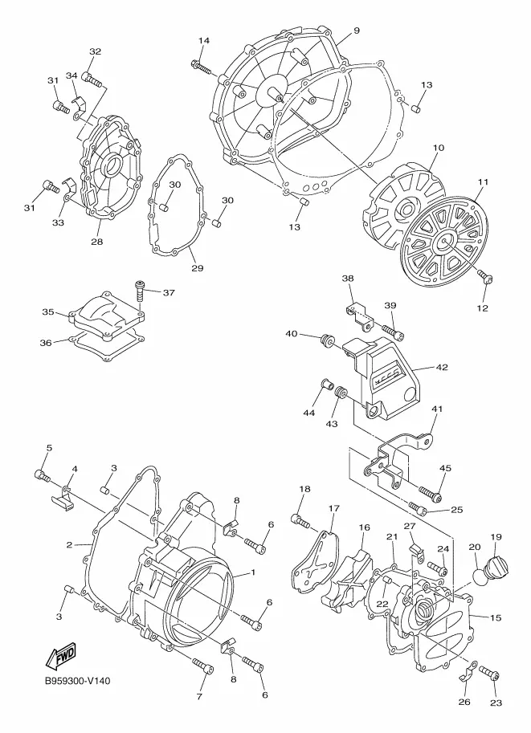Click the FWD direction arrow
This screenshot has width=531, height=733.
(61, 655)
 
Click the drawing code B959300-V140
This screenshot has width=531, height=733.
(78, 681)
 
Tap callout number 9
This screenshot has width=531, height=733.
(357, 31)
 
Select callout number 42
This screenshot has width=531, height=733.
(442, 368)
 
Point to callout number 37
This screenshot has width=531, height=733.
(169, 293)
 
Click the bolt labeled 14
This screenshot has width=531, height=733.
(203, 67)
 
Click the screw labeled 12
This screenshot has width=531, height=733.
(485, 277)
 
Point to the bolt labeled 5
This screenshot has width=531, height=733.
(42, 475)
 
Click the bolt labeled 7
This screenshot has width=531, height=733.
(203, 666)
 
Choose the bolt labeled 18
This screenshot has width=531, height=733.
(300, 521)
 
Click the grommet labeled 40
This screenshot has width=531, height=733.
(326, 341)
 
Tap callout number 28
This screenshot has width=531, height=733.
(97, 242)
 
